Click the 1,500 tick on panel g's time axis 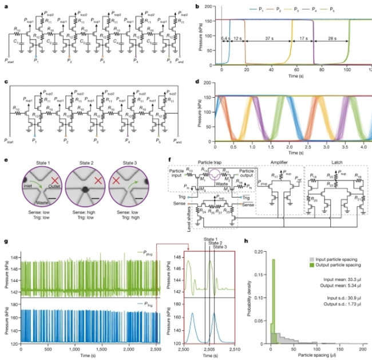pyautogui.click(x=96, y=349)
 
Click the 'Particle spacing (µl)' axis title pyautogui.click(x=315, y=355)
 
